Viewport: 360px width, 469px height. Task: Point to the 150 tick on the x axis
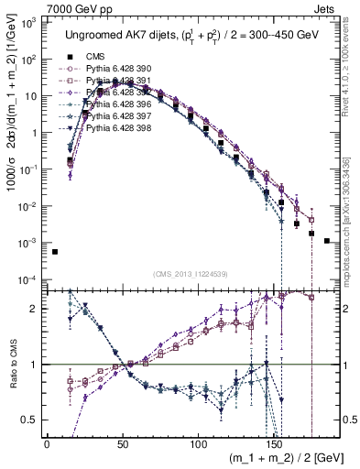coord(275,442)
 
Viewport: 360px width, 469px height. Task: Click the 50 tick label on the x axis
coord(123,442)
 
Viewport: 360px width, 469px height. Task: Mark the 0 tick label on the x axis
coord(47,442)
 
